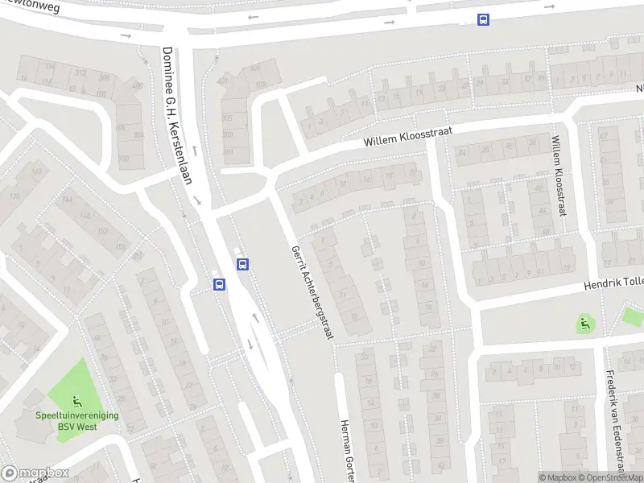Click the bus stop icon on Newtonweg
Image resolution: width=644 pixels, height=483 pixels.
483,20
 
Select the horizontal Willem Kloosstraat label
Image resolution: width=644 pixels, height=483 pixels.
407,135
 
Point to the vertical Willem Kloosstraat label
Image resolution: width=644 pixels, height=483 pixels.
557,175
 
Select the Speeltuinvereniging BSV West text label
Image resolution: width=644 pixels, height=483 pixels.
76,420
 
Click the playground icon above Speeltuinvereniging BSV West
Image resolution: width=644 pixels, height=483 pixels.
76,400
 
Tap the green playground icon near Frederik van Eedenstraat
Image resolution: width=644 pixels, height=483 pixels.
584,324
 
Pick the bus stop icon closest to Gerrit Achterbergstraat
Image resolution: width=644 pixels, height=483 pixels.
242,263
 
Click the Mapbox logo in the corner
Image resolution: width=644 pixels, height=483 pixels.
35,473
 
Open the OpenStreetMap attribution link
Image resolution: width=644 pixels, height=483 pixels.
609,477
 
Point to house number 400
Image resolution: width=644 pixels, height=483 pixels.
137,85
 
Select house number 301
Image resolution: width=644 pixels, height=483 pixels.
228,151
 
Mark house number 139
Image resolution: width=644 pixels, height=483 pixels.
13,196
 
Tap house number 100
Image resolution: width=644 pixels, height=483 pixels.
124,159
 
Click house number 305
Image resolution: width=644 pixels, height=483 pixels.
228,118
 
